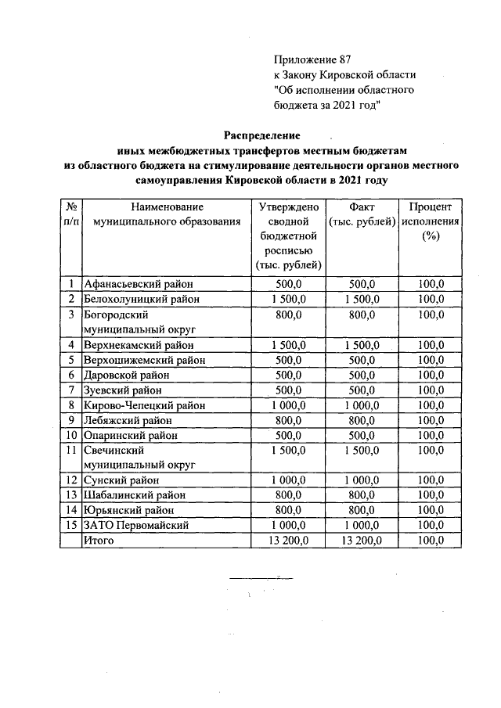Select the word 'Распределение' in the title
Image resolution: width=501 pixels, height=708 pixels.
point(262,135)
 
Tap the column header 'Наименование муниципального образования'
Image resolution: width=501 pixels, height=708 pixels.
point(167,214)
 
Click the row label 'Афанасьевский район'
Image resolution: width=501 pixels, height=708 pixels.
point(138,284)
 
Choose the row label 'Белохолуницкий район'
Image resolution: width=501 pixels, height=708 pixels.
point(142,299)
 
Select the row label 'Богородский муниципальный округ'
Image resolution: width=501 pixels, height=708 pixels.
point(139,322)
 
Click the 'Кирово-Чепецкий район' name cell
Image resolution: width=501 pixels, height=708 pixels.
point(145,405)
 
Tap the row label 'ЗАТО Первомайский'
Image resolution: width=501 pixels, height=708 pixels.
point(136,526)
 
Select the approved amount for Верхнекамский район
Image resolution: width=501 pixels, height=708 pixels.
point(287,345)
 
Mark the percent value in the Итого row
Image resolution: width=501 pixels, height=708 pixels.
point(430,541)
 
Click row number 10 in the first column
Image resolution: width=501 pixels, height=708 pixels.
point(70,435)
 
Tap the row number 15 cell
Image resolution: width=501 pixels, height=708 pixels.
point(70,526)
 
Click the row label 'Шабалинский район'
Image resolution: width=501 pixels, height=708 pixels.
point(135,495)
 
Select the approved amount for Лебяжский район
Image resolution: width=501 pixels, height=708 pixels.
point(287,420)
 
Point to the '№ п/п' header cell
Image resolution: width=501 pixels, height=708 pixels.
point(70,214)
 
